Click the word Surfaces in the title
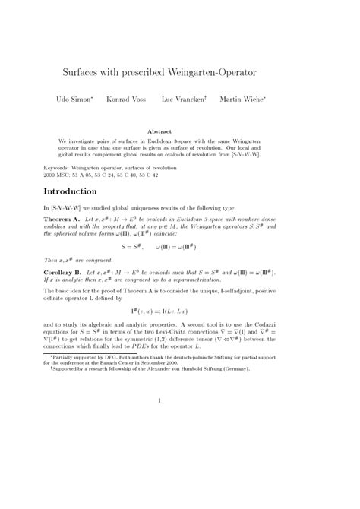(81, 73)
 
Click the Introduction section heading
(76, 191)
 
